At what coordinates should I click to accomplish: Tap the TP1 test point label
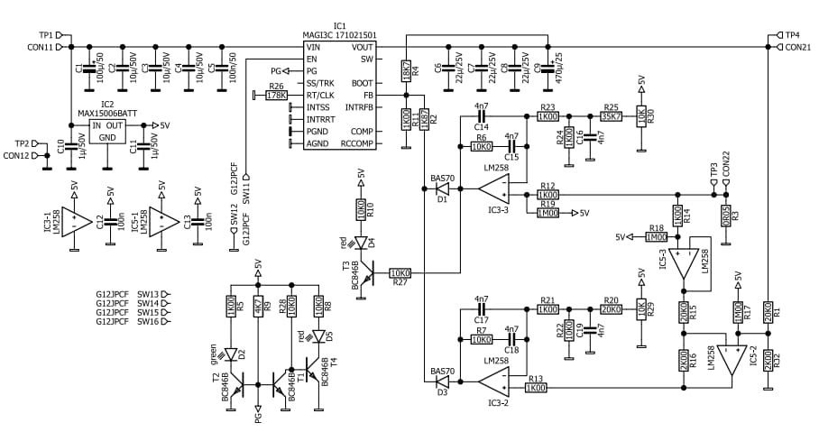pyautogui.click(x=45, y=34)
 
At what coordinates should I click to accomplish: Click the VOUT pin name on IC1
pyautogui.click(x=363, y=47)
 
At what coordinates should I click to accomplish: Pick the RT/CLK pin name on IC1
pyautogui.click(x=319, y=95)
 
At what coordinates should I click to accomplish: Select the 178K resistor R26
pyautogui.click(x=277, y=95)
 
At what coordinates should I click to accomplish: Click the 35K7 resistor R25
pyautogui.click(x=611, y=116)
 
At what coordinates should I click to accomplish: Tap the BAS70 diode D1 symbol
pyautogui.click(x=442, y=189)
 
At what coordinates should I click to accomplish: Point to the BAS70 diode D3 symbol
pyautogui.click(x=442, y=381)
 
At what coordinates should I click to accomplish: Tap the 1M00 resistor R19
pyautogui.click(x=548, y=213)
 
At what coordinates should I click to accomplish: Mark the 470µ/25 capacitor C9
pyautogui.click(x=548, y=68)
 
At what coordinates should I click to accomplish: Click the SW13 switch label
pyautogui.click(x=147, y=295)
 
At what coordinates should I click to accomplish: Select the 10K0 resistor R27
pyautogui.click(x=400, y=272)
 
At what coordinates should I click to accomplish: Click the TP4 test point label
pyautogui.click(x=791, y=34)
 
